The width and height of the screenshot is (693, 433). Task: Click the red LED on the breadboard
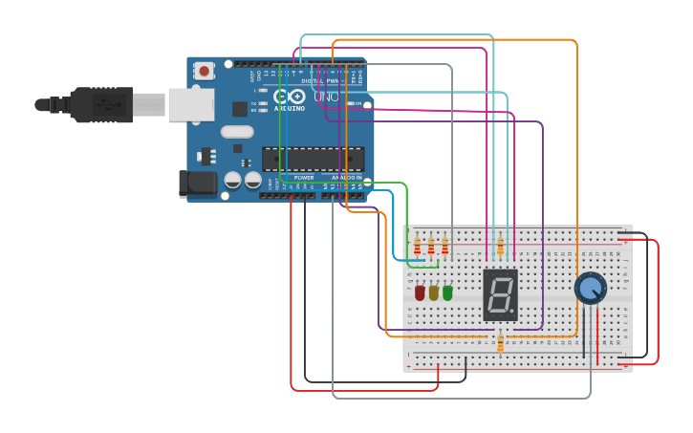pyautogui.click(x=420, y=293)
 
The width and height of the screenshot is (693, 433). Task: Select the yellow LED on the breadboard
pyautogui.click(x=434, y=293)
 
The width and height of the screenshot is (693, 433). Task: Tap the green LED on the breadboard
pyautogui.click(x=447, y=293)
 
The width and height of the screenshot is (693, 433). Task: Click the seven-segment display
pyautogui.click(x=500, y=294)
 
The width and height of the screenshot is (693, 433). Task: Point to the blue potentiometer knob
pyautogui.click(x=590, y=288)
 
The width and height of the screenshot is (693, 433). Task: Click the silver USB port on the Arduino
pyautogui.click(x=191, y=104)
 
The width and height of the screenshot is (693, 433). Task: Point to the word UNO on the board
pyautogui.click(x=326, y=97)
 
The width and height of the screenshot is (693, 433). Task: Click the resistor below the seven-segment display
pyautogui.click(x=501, y=342)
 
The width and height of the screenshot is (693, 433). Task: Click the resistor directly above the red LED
pyautogui.click(x=418, y=249)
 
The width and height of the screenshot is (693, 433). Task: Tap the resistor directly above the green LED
pyautogui.click(x=444, y=249)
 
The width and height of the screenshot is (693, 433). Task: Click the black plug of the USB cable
pyautogui.click(x=100, y=104)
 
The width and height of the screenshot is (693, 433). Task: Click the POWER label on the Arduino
pyautogui.click(x=304, y=178)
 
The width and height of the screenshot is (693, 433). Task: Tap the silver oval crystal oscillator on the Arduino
pyautogui.click(x=239, y=132)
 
